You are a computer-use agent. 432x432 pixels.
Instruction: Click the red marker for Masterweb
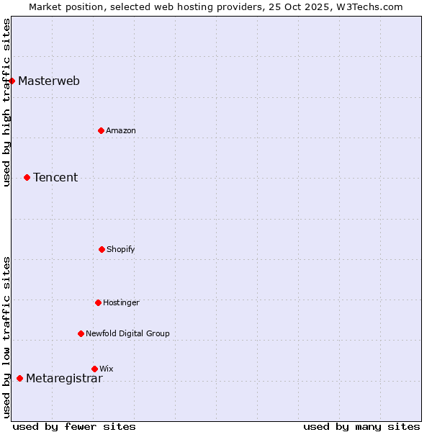12,81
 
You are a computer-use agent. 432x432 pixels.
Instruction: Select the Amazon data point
102,130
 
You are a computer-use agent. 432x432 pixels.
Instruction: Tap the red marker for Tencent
27,177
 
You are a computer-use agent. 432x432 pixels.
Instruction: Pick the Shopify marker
102,249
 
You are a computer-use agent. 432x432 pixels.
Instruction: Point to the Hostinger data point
99,302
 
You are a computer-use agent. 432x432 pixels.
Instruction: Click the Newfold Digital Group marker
81,333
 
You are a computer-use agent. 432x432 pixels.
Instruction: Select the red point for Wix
94,369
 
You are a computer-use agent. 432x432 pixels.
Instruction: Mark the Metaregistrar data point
20,378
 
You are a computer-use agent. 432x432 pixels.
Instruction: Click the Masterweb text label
49,81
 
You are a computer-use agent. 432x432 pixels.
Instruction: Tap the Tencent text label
55,177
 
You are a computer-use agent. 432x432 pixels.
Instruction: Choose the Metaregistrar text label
64,379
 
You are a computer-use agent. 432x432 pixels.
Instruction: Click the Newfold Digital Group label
127,333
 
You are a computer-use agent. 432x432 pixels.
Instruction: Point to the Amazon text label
121,130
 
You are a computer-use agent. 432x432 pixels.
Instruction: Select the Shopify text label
121,249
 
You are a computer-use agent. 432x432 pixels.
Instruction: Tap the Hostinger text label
121,302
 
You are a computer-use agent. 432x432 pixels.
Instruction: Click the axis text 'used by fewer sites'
74,426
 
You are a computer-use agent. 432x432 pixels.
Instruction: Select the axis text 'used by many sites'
361,426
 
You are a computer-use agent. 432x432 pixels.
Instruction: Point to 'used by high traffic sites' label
6,102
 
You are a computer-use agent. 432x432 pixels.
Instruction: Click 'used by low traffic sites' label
6,337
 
